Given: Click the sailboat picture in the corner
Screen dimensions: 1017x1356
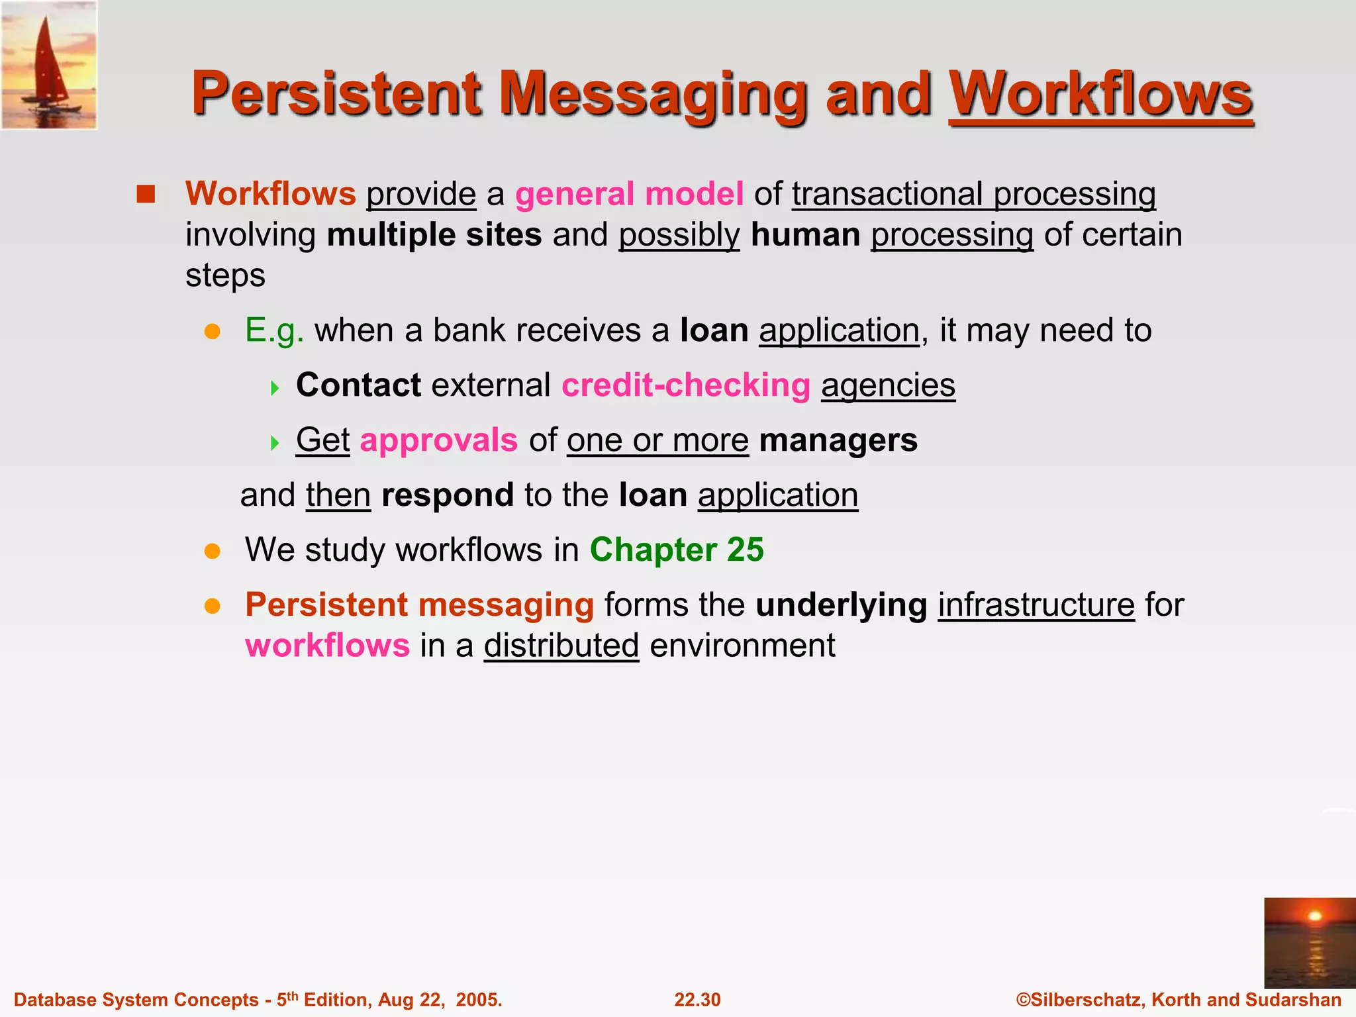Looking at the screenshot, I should point(49,65).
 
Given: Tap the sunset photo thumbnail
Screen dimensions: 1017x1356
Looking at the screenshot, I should point(1309,943).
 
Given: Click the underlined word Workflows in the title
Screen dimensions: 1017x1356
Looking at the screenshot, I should point(1100,94).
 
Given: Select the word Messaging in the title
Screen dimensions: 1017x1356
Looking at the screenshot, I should point(653,94).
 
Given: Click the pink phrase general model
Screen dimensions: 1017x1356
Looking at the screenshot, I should point(629,194).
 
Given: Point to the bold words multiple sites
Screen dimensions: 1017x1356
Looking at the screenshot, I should point(434,235).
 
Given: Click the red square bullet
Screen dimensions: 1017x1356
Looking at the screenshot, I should point(146,194).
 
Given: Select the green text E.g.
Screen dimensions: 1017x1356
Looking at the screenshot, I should point(274,330).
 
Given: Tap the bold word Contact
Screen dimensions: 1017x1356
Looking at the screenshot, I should point(358,385).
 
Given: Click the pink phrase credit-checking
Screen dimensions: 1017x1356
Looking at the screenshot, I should point(686,385).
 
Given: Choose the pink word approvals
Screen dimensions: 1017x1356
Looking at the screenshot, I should point(438,440).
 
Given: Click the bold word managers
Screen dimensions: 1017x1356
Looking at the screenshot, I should point(838,440).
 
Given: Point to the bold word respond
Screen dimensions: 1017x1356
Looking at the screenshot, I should point(448,495).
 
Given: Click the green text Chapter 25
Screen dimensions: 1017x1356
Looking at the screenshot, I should point(677,550).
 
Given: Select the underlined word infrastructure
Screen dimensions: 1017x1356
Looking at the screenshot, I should point(1036,605).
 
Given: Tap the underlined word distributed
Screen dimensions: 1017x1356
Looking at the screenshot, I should point(561,646).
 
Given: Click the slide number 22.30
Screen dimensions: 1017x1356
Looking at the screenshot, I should point(697,1000).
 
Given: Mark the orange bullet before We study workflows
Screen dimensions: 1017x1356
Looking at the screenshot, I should point(212,551).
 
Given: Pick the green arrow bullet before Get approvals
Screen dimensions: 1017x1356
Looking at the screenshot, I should point(275,442).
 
